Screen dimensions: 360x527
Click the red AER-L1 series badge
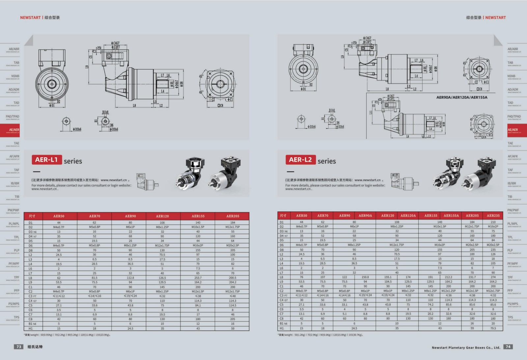(46, 160)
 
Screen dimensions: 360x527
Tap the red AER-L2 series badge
(300, 160)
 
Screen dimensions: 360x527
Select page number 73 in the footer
(19, 346)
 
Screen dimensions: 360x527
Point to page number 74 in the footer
(508, 346)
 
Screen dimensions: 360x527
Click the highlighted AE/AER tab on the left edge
(10, 130)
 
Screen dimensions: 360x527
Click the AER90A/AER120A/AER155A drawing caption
(461, 97)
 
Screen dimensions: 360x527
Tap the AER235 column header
(493, 215)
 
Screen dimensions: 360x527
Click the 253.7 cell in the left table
(198, 278)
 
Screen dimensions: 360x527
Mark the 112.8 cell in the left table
(130, 278)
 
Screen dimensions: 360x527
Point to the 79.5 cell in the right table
(493, 328)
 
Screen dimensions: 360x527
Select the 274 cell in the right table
(493, 277)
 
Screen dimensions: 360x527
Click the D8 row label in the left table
(31, 250)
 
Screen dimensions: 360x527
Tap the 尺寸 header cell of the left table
(32, 216)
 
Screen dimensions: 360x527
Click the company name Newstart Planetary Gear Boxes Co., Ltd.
(466, 347)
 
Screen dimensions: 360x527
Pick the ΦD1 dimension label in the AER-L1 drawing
(52, 106)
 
